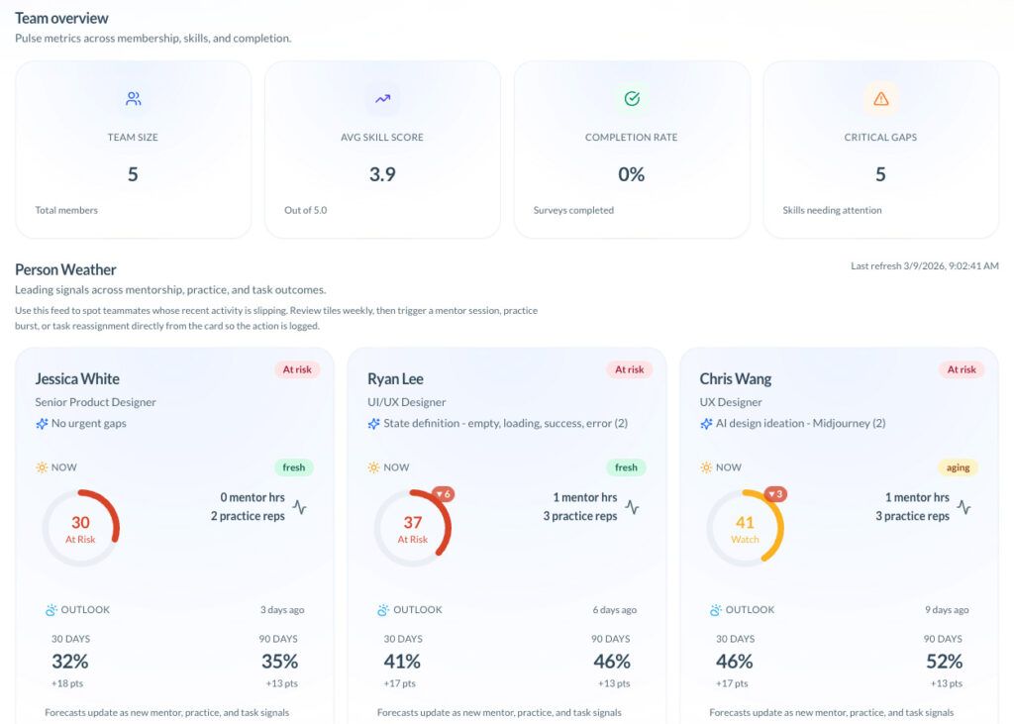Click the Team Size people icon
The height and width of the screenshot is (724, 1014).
[133, 99]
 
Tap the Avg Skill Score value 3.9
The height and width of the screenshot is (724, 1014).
[382, 174]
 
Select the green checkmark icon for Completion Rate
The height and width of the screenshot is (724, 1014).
[631, 99]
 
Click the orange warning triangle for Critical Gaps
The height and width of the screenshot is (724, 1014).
[880, 99]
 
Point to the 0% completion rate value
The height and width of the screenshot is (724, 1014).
[631, 174]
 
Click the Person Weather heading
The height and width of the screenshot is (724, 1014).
[65, 269]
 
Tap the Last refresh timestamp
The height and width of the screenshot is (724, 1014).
[924, 265]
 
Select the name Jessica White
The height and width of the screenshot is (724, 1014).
[77, 378]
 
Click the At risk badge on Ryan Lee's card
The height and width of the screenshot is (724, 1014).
[629, 369]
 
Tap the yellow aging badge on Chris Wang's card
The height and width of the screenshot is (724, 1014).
[958, 466]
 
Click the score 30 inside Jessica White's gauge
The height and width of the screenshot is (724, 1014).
[80, 522]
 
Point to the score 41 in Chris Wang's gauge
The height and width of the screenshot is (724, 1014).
[745, 522]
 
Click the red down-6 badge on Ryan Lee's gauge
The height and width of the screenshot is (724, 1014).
[443, 494]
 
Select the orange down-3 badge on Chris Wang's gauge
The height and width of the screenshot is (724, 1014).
[775, 494]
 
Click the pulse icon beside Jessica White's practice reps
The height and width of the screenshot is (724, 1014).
[299, 507]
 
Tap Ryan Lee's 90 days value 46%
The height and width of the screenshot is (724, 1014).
[611, 662]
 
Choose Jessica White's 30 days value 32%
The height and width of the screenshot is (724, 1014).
[69, 662]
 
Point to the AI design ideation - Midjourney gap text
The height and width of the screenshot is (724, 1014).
[800, 423]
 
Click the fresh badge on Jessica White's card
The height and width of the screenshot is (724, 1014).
[293, 466]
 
